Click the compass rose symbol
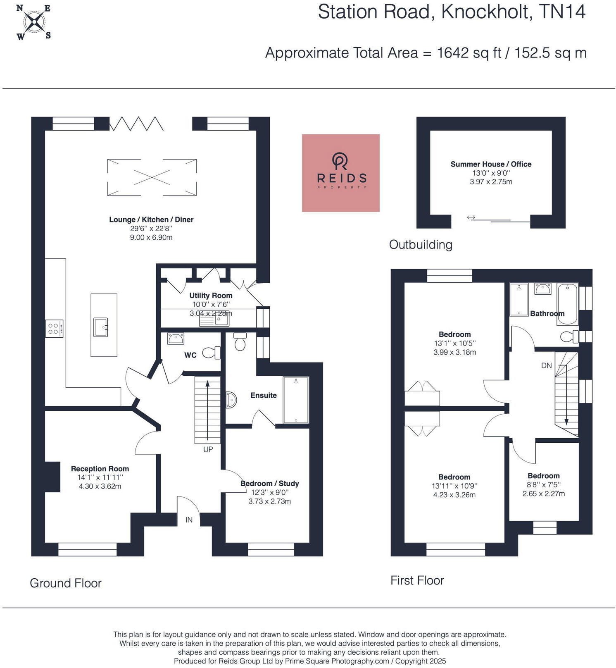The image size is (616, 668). (x=34, y=22)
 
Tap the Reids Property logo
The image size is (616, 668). (x=340, y=173)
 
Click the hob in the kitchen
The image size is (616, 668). (x=54, y=329)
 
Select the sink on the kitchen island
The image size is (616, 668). (x=100, y=327)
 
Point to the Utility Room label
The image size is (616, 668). (x=211, y=296)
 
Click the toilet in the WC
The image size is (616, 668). (x=211, y=353)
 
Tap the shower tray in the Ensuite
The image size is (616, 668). (x=296, y=400)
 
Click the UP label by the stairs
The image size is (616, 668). (x=208, y=449)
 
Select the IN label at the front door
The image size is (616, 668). (x=189, y=520)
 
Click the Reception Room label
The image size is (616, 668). (x=100, y=469)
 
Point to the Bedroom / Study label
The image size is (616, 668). (x=270, y=484)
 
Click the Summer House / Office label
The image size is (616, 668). (x=491, y=164)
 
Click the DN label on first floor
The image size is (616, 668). (x=546, y=365)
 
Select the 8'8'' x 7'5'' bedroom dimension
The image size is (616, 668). (x=543, y=485)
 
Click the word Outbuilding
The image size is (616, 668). (x=421, y=245)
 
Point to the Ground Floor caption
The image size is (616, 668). (x=66, y=583)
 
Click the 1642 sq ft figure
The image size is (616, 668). (x=469, y=53)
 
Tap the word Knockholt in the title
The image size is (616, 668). (x=486, y=12)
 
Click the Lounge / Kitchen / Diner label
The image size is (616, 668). (x=151, y=219)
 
